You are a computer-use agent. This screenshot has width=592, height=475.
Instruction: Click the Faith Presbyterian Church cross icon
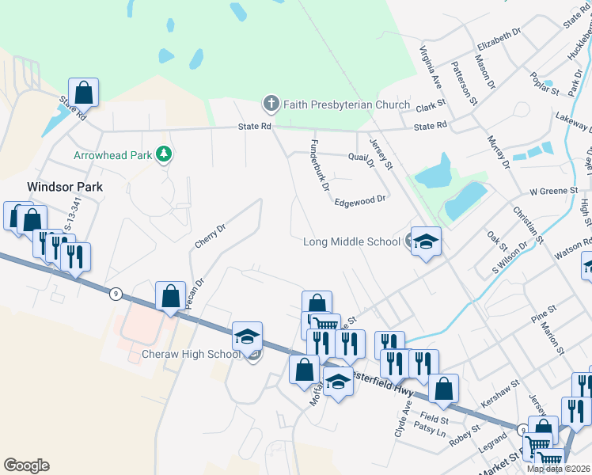point(271,104)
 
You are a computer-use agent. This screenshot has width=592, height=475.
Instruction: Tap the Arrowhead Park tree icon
point(165,154)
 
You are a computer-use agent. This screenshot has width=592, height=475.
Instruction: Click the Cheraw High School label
point(192,354)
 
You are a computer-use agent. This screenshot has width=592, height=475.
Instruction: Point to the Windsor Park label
point(65,187)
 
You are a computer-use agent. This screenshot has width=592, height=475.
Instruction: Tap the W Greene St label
point(551,191)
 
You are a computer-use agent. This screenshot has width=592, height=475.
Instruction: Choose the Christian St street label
point(528,224)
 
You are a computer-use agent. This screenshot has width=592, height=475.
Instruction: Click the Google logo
point(26,465)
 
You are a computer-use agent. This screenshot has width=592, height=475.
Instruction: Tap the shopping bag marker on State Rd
point(83,92)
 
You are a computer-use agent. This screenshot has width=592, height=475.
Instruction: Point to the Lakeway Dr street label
point(573,123)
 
